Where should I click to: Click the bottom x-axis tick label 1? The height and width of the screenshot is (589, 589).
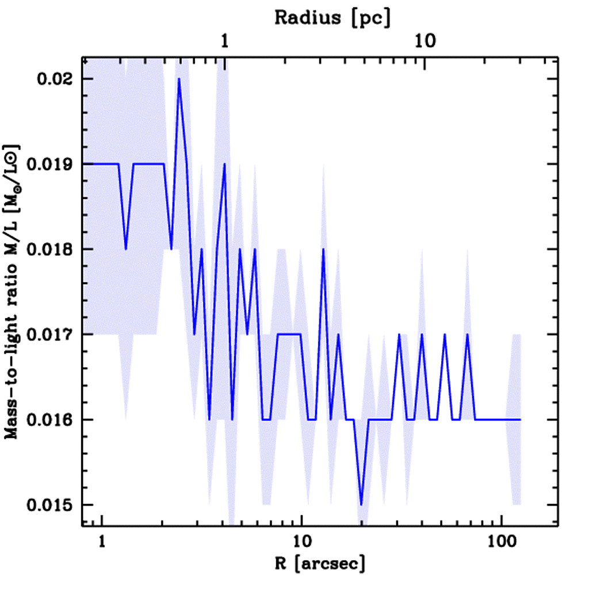[x=102, y=541]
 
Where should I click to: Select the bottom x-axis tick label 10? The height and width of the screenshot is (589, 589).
[x=301, y=541]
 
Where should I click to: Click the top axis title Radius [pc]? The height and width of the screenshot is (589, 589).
[x=332, y=17]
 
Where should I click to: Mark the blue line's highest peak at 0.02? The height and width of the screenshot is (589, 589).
[x=179, y=79]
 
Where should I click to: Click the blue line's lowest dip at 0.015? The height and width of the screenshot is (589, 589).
[x=361, y=504]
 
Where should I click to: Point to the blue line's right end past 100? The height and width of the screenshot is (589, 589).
[x=520, y=419]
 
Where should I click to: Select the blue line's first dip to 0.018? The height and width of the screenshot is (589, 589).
[x=126, y=248]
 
